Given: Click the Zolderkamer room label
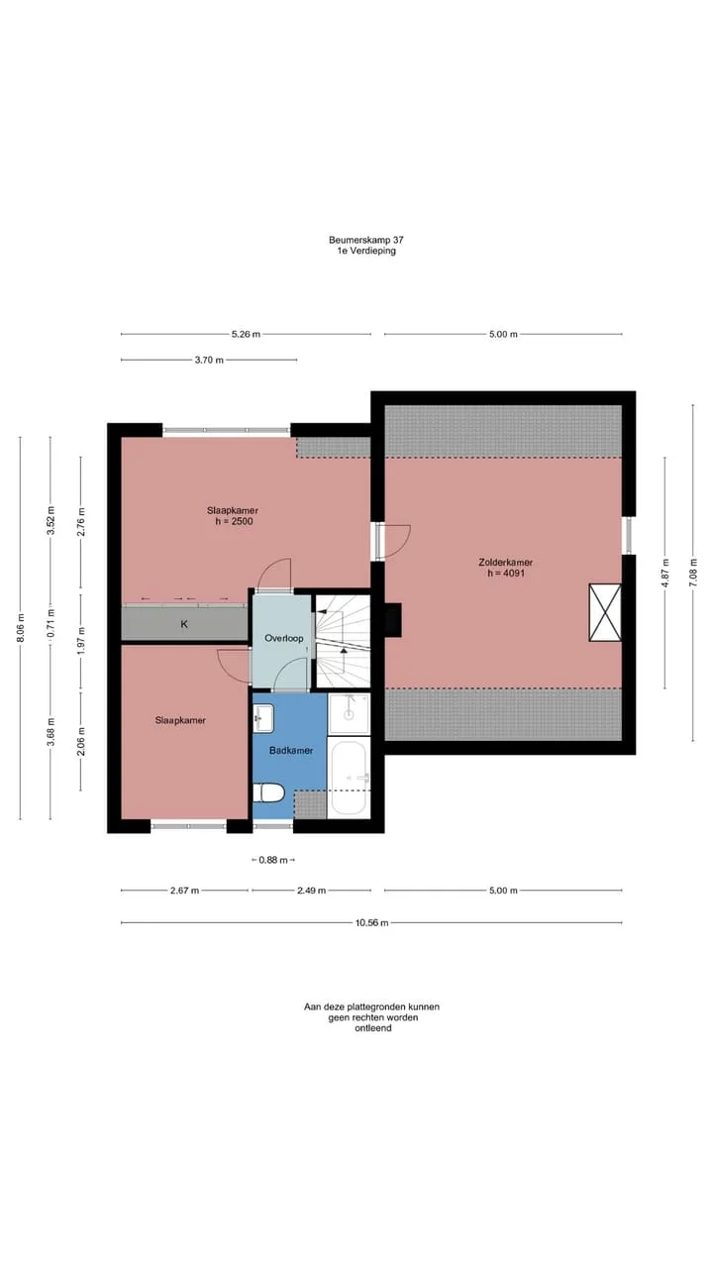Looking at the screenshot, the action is [x=505, y=562].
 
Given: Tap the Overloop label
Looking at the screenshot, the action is [x=284, y=638].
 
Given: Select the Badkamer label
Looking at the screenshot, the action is [x=291, y=750].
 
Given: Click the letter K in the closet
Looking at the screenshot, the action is [x=184, y=624].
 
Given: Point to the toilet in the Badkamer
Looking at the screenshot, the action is [x=268, y=792].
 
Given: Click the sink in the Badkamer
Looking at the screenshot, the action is [x=263, y=717].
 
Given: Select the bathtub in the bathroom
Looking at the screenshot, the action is [x=349, y=779].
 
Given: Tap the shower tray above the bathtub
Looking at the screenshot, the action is [x=350, y=714].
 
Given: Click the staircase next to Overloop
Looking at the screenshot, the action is [x=343, y=641].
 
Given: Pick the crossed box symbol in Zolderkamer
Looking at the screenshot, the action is [x=605, y=612].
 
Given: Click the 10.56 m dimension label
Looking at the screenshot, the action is [x=371, y=922].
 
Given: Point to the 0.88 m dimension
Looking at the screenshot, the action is [x=273, y=860].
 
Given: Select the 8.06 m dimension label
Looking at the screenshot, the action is [x=21, y=628].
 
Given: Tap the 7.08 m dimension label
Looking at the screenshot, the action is [x=692, y=573].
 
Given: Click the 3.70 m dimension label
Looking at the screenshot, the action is [x=209, y=360].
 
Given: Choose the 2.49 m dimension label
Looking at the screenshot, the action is [x=311, y=891].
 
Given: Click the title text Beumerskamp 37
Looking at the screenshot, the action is [x=366, y=240].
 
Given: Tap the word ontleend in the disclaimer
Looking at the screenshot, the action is [x=373, y=1027].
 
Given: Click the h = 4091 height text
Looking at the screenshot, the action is [x=506, y=573].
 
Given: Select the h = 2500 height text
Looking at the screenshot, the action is [x=234, y=521].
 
